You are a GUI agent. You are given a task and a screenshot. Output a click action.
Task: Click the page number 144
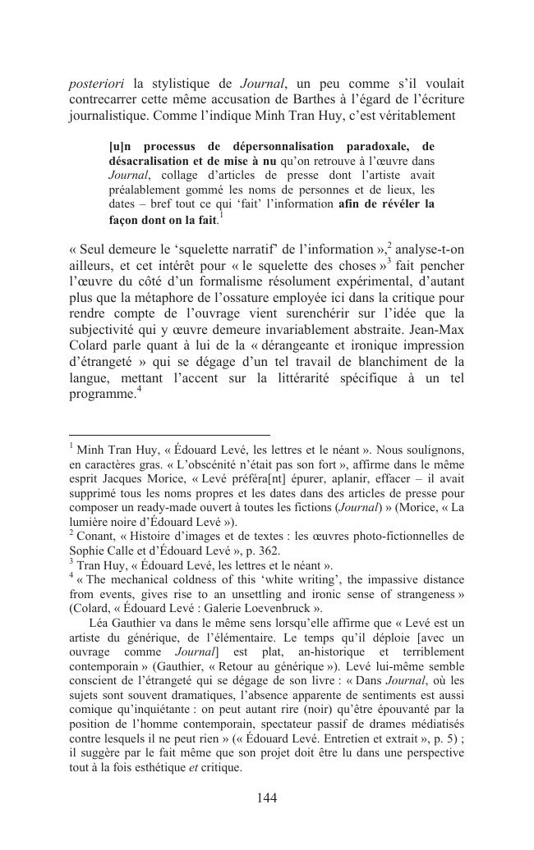point(266,798)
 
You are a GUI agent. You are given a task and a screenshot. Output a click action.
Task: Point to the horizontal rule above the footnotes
point(169,435)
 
